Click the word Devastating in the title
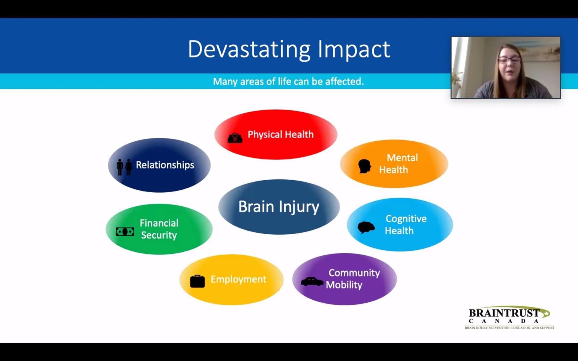[x=249, y=49]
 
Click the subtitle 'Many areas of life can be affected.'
[x=288, y=81]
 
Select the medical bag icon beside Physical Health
[x=235, y=138]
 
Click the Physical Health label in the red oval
[x=281, y=135]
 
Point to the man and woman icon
[x=124, y=167]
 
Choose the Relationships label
[x=165, y=165]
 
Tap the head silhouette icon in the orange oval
[x=365, y=166]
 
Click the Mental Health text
[x=398, y=164]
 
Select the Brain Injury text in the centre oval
[x=279, y=207]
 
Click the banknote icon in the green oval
[x=125, y=232]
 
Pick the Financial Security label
[x=159, y=229]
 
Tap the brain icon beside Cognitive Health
[x=366, y=227]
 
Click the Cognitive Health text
[x=406, y=225]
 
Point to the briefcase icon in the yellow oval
[x=197, y=281]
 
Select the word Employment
[x=238, y=279]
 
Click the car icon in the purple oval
[x=312, y=282]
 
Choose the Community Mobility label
[x=353, y=279]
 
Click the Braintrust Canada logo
[x=509, y=318]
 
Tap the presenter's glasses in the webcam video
[x=509, y=60]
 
